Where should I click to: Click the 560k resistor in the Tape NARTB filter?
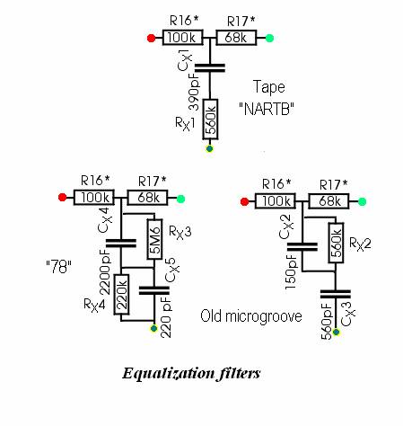point(210,120)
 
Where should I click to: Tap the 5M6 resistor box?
point(154,239)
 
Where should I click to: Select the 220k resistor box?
point(121,295)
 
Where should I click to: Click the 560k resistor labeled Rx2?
point(336,243)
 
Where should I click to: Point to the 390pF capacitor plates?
point(210,67)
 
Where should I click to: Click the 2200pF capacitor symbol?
point(121,243)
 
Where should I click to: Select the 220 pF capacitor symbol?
point(154,290)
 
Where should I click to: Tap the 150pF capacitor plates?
point(302,247)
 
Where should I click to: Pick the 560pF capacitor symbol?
point(336,294)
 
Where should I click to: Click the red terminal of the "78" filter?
point(62,198)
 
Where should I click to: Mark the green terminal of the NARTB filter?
point(269,38)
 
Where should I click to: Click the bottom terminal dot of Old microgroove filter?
point(337,332)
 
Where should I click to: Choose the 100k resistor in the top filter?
point(183,38)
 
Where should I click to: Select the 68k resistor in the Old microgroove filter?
point(329,201)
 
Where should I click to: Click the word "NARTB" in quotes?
point(267,109)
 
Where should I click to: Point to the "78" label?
point(58,267)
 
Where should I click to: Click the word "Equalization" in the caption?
point(169,374)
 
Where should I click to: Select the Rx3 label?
point(180,232)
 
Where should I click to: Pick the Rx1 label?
point(185,123)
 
